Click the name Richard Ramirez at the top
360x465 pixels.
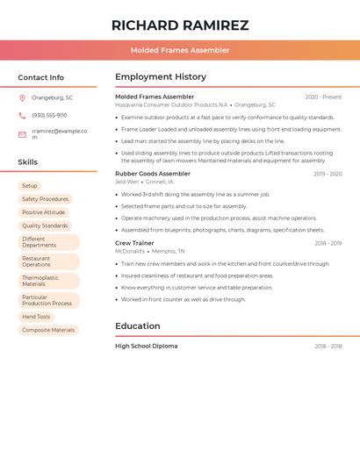coord(180,25)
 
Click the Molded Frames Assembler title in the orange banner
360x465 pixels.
coord(180,50)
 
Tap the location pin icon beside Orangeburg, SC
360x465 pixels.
coord(22,97)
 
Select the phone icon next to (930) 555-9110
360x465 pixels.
coord(22,115)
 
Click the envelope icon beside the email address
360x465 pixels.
coord(22,134)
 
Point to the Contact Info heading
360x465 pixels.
coord(41,77)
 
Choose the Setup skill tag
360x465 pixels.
coord(30,186)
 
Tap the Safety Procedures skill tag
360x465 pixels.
coord(45,199)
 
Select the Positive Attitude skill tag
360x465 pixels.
coord(43,212)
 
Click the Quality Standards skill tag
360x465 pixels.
coord(45,225)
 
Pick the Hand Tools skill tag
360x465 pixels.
coord(36,317)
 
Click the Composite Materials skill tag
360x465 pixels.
coord(48,330)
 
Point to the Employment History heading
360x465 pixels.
coord(161,77)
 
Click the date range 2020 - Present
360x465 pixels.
coord(323,97)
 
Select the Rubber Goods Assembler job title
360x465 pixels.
coord(153,174)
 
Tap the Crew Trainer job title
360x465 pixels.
coord(134,243)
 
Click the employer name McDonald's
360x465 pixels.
coord(130,251)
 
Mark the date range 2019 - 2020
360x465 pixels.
coord(328,174)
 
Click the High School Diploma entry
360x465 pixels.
coord(146,346)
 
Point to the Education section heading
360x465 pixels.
coord(138,325)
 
